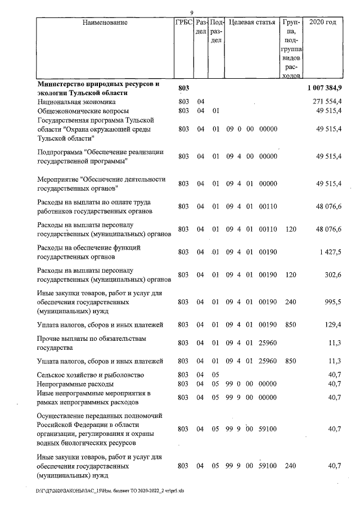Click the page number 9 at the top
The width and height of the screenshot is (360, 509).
coord(192,13)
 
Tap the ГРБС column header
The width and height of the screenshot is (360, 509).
coord(183,23)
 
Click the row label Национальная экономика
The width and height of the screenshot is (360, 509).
coord(76,102)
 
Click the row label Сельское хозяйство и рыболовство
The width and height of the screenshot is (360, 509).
coord(90,375)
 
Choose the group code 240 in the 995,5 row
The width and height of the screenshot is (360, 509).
coord(290,302)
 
